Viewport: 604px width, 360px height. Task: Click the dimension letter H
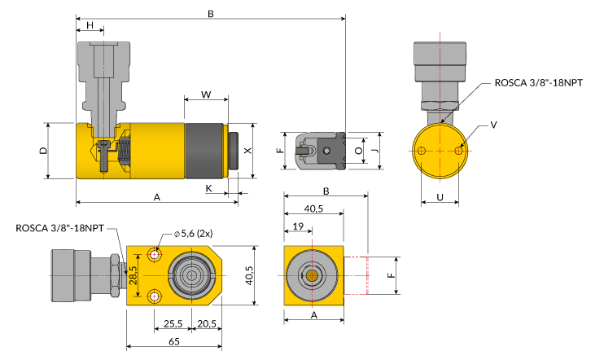tap(90, 25)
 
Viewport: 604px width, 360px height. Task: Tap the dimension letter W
tap(206, 94)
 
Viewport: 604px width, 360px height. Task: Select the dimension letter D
tap(43, 151)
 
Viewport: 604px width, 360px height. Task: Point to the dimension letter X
tap(248, 150)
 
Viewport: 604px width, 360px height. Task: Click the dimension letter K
tap(208, 188)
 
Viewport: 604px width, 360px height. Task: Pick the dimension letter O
tap(359, 151)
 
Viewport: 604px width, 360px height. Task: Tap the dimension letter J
tap(374, 151)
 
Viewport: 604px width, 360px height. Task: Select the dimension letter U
tap(440, 197)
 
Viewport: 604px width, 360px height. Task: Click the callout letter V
tap(493, 125)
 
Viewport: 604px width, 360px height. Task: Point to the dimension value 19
tap(298, 226)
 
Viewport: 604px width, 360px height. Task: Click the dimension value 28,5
tap(133, 275)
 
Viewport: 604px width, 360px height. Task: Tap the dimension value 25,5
tap(173, 324)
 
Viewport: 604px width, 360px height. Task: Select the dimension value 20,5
tap(207, 324)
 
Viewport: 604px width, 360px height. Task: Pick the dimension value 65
tap(174, 341)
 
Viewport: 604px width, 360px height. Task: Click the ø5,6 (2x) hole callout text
tap(193, 233)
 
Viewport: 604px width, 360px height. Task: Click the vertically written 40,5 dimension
tap(249, 275)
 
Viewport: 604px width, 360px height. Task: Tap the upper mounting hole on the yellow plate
tap(155, 254)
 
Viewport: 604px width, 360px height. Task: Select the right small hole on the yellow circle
tap(458, 151)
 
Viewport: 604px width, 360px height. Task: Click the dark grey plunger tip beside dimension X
tap(234, 151)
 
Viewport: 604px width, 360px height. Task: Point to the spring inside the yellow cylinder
tap(125, 151)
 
